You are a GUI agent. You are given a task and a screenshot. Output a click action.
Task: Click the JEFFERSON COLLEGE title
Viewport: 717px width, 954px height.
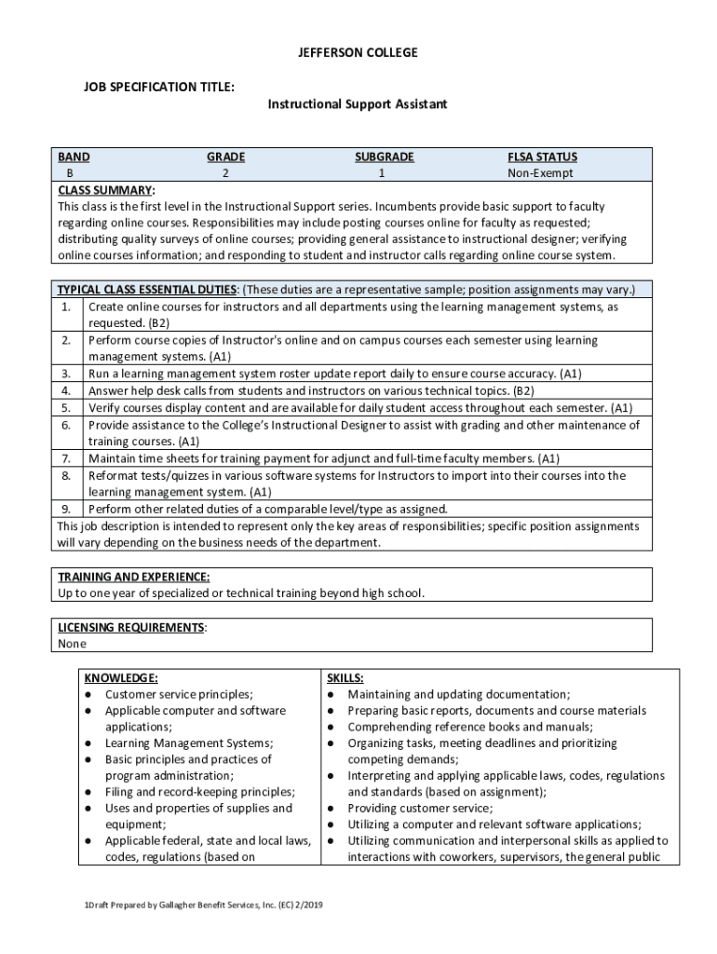[x=358, y=53]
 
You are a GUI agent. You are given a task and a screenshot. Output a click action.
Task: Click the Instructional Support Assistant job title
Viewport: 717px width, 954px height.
[x=358, y=104]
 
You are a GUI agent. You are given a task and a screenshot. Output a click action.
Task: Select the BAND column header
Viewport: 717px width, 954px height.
[x=74, y=157]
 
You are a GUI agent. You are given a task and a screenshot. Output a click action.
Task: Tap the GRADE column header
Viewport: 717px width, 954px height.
[x=225, y=157]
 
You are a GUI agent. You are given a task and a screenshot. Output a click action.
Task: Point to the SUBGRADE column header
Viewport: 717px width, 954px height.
[x=384, y=157]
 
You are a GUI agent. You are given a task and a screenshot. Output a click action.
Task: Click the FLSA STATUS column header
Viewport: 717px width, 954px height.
[x=542, y=157]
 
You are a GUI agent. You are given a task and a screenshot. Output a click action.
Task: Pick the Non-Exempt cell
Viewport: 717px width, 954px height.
[x=540, y=173]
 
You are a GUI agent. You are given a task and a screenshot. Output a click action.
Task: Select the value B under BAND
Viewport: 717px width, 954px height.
[x=69, y=173]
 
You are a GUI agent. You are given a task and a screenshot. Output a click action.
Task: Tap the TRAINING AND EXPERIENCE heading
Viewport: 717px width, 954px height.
[x=133, y=577]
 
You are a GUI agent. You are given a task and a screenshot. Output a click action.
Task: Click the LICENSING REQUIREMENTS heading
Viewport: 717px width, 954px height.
[x=130, y=627]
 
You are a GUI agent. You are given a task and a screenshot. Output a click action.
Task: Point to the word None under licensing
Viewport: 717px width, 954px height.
[x=72, y=644]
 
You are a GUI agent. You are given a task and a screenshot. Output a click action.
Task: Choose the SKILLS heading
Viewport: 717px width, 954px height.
[x=345, y=678]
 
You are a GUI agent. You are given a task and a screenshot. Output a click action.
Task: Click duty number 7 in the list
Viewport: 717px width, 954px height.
[x=67, y=458]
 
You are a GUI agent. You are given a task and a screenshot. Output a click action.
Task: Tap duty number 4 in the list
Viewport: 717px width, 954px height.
[x=67, y=390]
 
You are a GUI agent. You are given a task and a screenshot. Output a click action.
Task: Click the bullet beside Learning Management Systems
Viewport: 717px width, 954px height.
[x=88, y=743]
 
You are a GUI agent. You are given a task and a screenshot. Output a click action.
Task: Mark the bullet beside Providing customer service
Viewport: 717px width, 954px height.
[x=331, y=809]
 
